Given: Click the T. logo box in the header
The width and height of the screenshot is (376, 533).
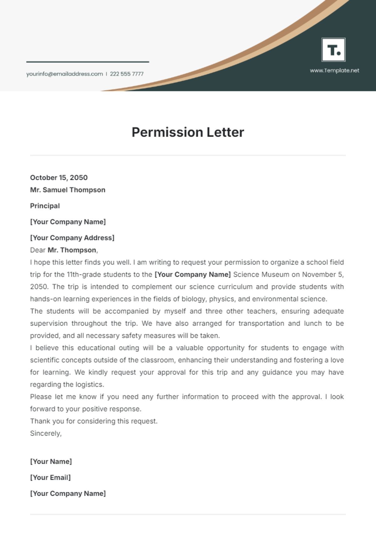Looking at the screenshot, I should pyautogui.click(x=333, y=50).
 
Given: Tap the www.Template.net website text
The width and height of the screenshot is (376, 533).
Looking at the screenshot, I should pyautogui.click(x=334, y=71).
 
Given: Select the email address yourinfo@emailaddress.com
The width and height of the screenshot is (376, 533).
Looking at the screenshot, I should pyautogui.click(x=65, y=74).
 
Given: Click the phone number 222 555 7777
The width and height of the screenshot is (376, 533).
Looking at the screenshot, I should pyautogui.click(x=127, y=74).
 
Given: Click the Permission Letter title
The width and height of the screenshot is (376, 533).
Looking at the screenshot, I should pyautogui.click(x=188, y=132).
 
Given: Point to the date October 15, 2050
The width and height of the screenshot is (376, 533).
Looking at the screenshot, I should pyautogui.click(x=59, y=178).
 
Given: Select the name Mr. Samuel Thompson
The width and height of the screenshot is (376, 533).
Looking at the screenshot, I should pyautogui.click(x=68, y=190).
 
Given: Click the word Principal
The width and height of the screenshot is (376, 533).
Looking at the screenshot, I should pyautogui.click(x=45, y=206).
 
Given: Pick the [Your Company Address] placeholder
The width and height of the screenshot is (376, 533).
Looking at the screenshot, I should pyautogui.click(x=72, y=238).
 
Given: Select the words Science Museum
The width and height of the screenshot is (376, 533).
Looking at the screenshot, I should pyautogui.click(x=261, y=274).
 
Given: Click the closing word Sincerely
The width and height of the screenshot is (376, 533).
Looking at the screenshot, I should pyautogui.click(x=46, y=433).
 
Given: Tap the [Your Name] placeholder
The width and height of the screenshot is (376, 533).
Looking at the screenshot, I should pyautogui.click(x=51, y=462).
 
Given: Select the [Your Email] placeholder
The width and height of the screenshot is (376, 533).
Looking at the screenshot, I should pyautogui.click(x=50, y=478).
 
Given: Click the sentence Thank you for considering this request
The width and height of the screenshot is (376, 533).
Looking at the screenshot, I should pyautogui.click(x=94, y=421).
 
